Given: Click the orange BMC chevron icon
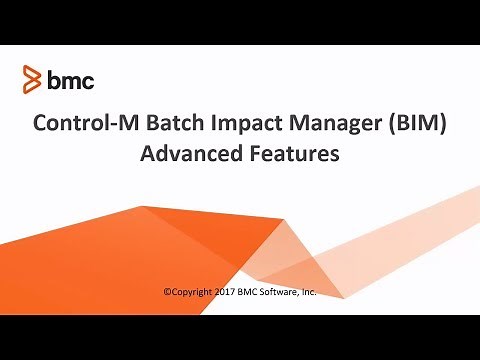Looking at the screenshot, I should point(32,78).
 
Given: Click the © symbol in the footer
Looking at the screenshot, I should point(166,292).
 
